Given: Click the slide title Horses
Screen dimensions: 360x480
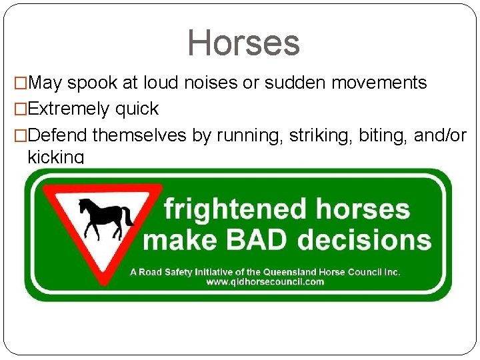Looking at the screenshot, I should [x=243, y=43].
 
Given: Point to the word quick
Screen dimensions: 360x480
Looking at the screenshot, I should [x=137, y=109].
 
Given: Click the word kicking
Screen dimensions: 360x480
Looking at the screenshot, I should [x=55, y=157].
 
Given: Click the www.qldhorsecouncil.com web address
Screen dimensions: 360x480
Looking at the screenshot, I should [x=265, y=281].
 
